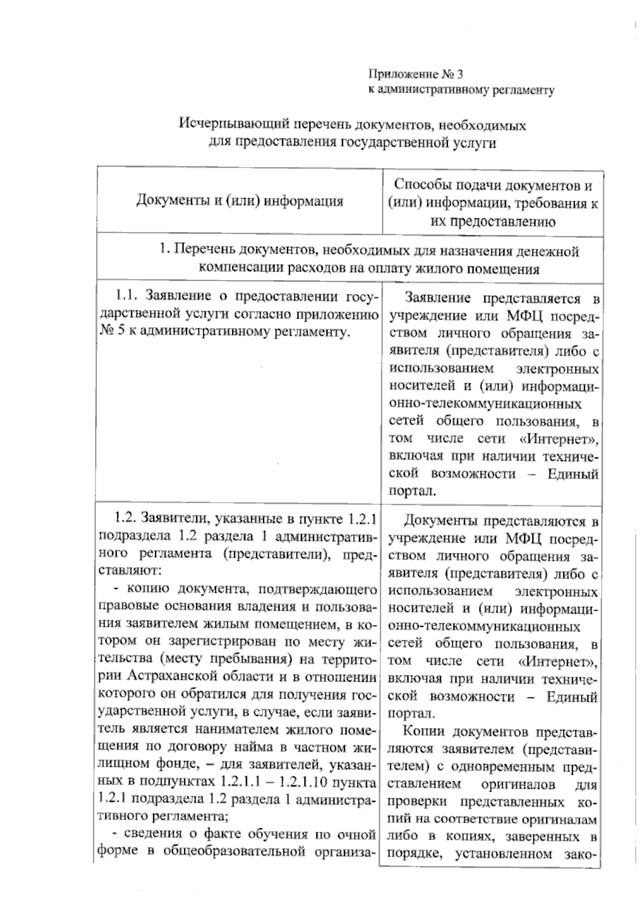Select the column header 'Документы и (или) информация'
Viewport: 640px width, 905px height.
(239, 202)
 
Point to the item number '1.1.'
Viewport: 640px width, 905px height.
(129, 296)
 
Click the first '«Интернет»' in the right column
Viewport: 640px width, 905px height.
(558, 439)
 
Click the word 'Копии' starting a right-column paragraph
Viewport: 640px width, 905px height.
(423, 732)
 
